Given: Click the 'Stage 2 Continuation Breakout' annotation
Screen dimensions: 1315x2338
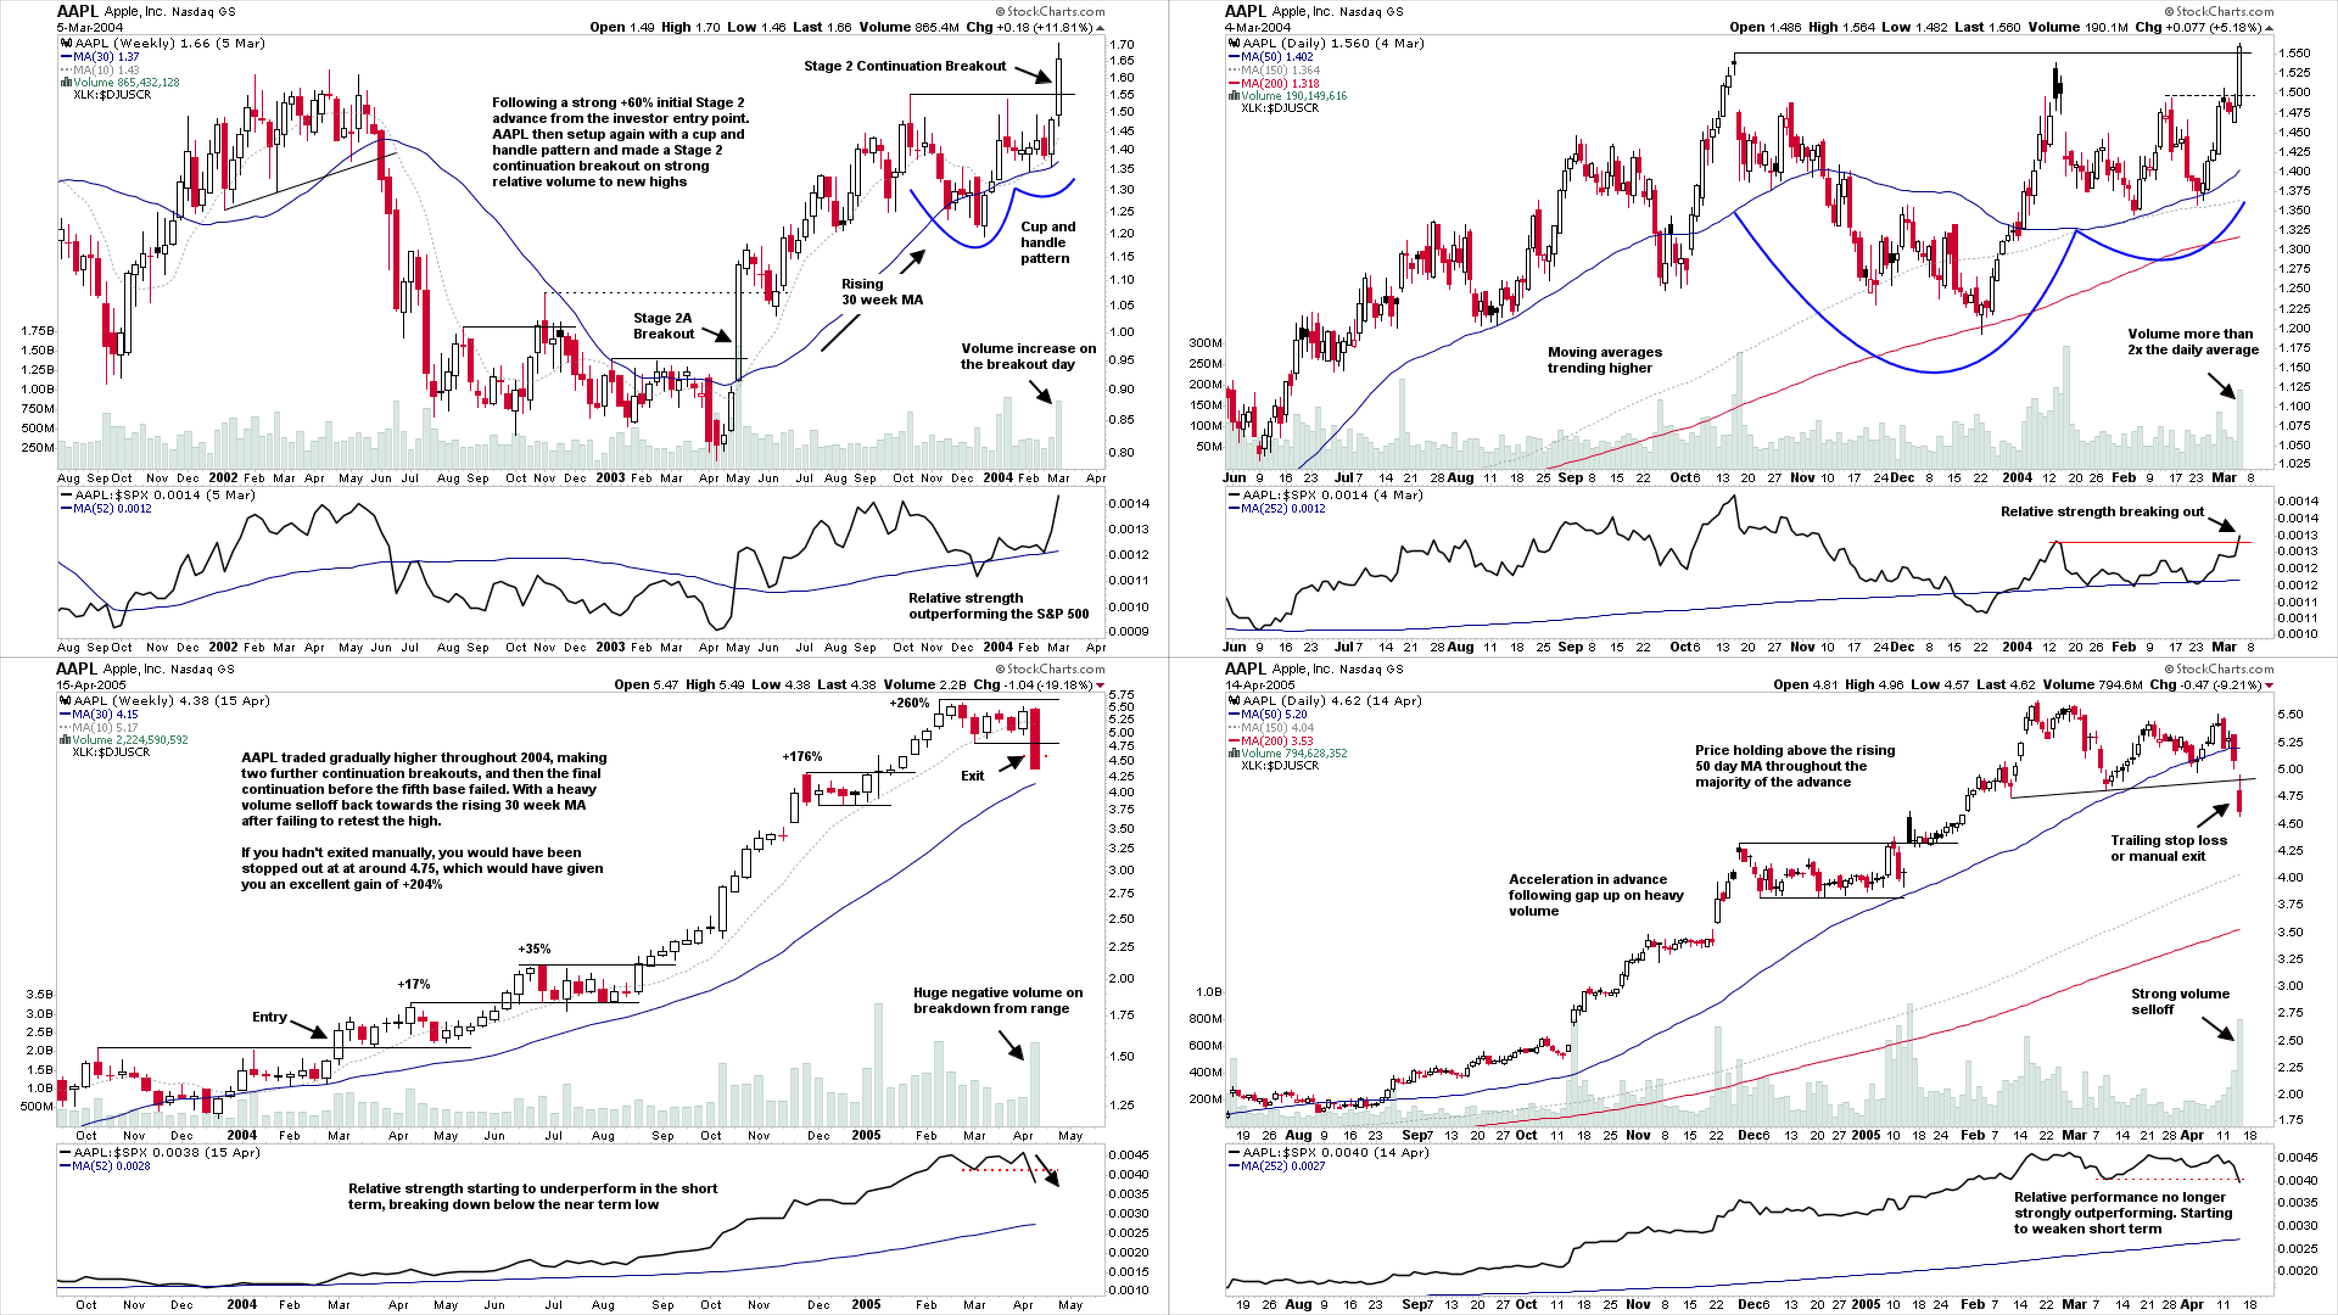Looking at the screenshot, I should (x=904, y=66).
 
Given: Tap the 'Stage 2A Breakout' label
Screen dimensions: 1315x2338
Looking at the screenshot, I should (x=664, y=326).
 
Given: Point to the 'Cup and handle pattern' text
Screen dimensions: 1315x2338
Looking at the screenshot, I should (x=1047, y=242).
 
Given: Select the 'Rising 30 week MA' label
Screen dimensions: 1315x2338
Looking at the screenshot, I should (x=881, y=292).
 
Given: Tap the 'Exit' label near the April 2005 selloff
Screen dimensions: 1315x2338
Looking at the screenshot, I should (x=972, y=776).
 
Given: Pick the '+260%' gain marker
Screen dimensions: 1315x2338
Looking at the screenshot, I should (x=908, y=703).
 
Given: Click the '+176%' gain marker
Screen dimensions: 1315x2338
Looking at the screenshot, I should (x=802, y=757).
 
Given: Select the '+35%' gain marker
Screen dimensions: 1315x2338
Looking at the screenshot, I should (x=534, y=949).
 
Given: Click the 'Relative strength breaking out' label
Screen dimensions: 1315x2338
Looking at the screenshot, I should (x=2102, y=512).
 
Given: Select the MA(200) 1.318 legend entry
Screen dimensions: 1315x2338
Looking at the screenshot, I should (x=1280, y=83).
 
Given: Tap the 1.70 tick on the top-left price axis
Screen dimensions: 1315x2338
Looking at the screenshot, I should (x=1121, y=44).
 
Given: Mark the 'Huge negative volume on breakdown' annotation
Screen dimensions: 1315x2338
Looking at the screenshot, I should (x=997, y=1001).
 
